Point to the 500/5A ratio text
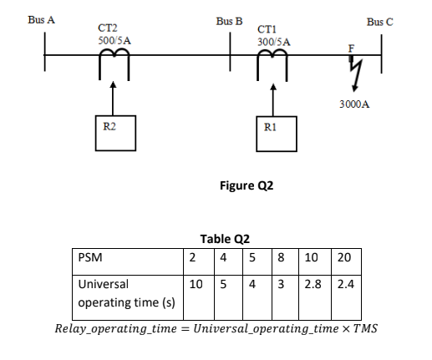(x=114, y=40)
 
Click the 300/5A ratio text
(x=274, y=41)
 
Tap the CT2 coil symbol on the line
(x=114, y=57)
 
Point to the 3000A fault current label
(x=355, y=106)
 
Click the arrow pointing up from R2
(x=114, y=96)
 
